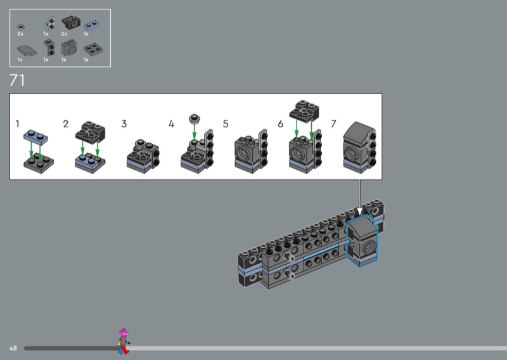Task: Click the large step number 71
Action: [x=17, y=80]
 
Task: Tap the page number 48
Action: [x=13, y=349]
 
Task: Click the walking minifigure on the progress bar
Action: [x=124, y=342]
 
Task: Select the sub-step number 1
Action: [x=18, y=124]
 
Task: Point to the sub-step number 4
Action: [x=171, y=124]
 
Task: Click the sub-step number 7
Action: [x=334, y=124]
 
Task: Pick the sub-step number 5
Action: [x=226, y=124]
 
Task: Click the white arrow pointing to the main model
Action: [x=359, y=198]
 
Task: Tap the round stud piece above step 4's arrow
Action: [x=195, y=119]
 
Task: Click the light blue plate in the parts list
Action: [x=92, y=25]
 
